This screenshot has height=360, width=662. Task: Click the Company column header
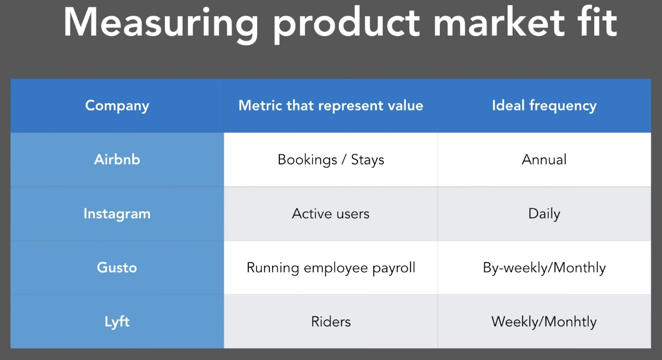(x=117, y=106)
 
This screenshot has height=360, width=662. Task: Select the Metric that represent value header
(x=330, y=106)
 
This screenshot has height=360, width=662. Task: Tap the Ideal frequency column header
(x=544, y=106)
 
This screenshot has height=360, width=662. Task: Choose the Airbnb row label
(x=117, y=159)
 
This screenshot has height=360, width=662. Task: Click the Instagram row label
(x=117, y=214)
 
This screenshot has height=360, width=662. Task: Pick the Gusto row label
(x=117, y=267)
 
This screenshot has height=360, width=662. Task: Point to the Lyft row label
(x=117, y=322)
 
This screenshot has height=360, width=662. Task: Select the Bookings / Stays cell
(x=331, y=159)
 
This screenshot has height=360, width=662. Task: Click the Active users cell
(x=330, y=214)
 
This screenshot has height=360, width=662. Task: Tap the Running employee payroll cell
(x=331, y=268)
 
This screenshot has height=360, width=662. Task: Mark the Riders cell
(x=331, y=322)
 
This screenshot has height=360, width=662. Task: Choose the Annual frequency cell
(x=544, y=159)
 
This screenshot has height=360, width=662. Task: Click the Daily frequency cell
(x=544, y=214)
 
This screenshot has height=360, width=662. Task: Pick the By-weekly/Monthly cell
(x=544, y=268)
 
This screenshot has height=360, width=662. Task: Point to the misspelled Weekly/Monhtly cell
(x=544, y=322)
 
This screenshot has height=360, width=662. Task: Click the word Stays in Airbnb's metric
(x=368, y=160)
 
